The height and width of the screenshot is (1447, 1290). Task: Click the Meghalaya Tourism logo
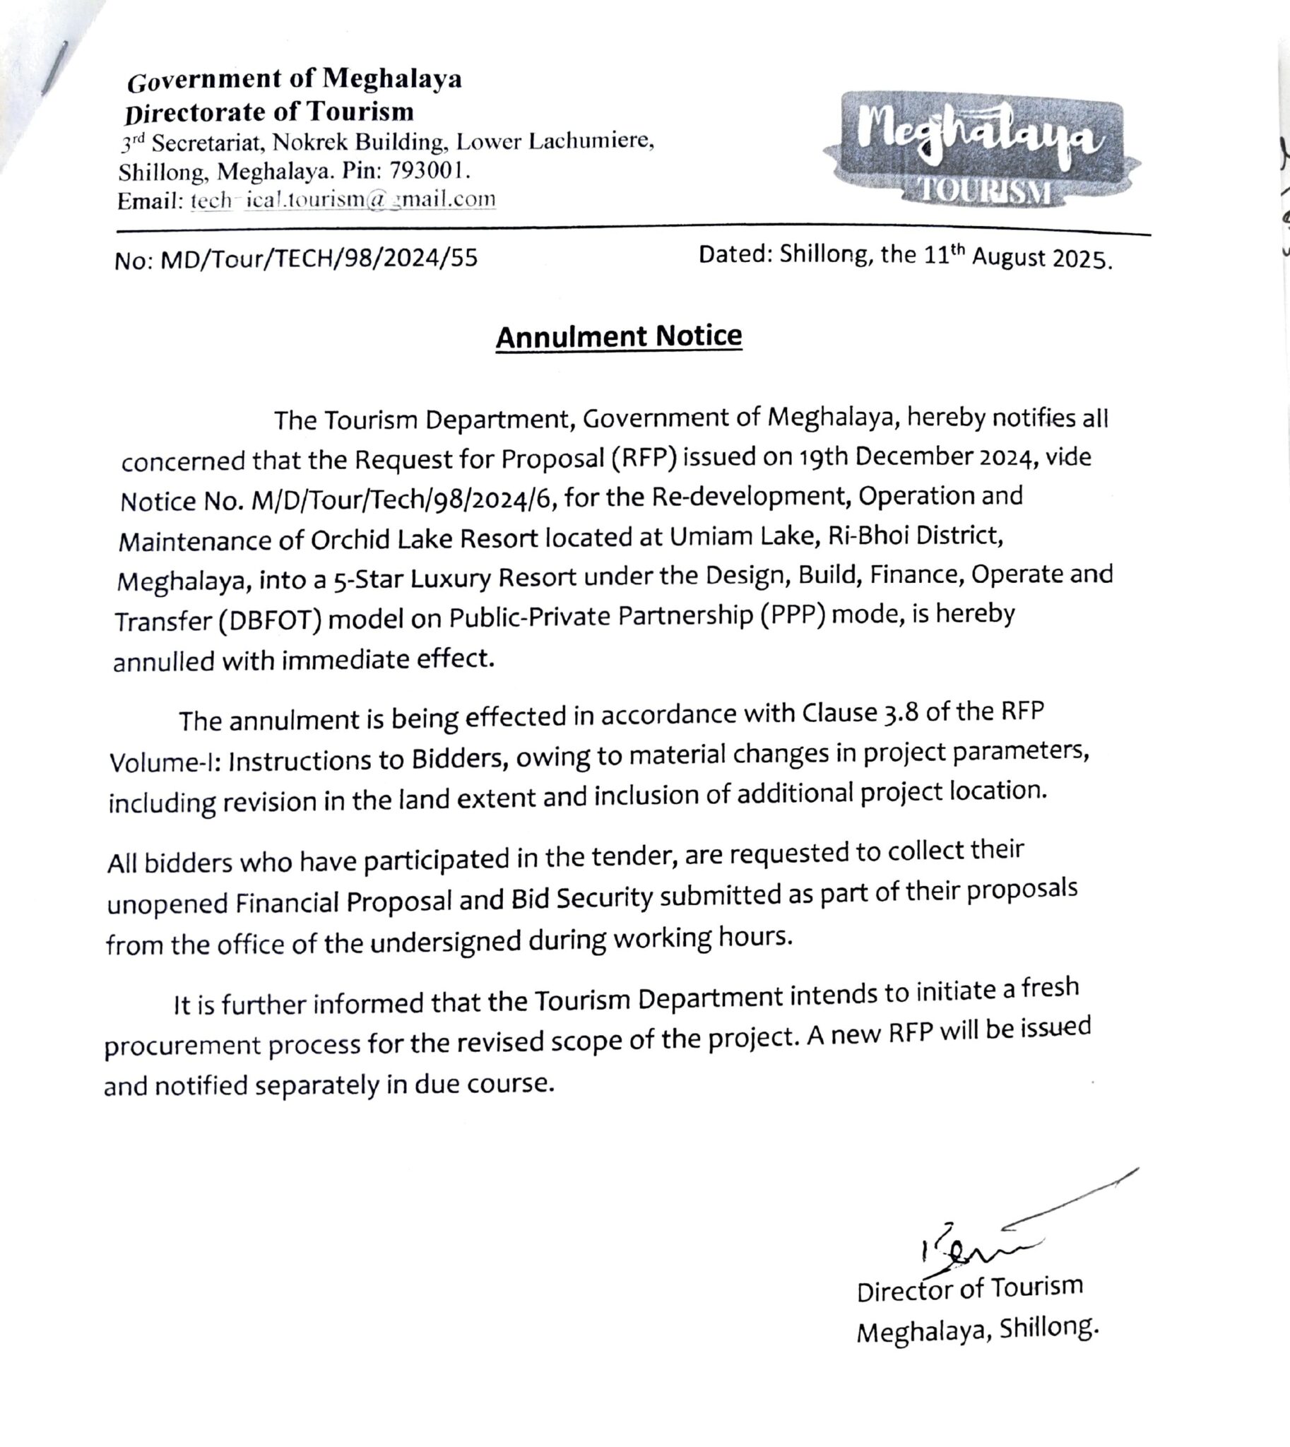coord(981,150)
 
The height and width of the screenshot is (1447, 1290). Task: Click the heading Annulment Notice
coord(618,336)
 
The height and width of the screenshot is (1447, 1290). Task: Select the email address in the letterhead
coord(343,200)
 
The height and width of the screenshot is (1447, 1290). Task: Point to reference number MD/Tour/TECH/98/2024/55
coord(319,259)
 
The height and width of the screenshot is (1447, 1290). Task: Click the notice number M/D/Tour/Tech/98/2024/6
coord(402,500)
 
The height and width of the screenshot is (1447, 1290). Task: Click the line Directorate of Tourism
coord(269,112)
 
